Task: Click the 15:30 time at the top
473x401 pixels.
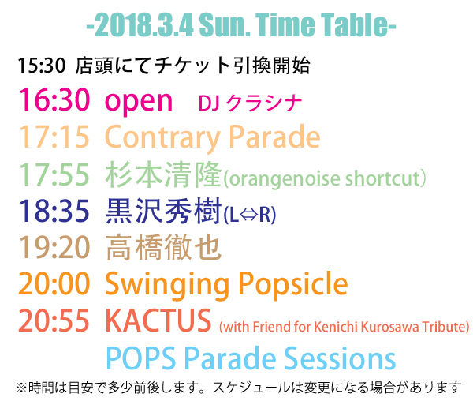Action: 42,66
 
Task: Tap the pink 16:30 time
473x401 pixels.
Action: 54,99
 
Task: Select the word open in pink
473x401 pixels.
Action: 139,102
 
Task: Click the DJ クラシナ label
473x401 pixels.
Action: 250,103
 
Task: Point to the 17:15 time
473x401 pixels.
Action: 54,137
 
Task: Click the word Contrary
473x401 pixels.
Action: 162,138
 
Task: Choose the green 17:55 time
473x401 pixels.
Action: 54,174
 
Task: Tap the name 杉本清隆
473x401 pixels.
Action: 163,174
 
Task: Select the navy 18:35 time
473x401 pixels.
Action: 54,211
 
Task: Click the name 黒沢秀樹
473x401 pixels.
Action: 163,211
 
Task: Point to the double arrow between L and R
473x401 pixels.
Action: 249,215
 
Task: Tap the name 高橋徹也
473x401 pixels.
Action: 163,248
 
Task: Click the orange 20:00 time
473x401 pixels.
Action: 54,283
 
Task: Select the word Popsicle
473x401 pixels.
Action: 293,285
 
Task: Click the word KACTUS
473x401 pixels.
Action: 158,320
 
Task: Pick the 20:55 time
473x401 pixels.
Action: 54,320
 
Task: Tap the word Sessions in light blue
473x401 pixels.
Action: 340,358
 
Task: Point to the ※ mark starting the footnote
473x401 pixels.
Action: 21,388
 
